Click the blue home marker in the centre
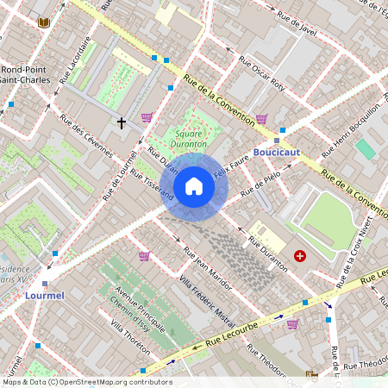(x=194, y=186)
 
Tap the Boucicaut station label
(x=276, y=152)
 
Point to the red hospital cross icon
(x=300, y=256)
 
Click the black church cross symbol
(x=121, y=123)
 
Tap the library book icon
(x=44, y=22)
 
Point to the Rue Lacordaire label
(x=76, y=59)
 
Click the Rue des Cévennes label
(x=86, y=136)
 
